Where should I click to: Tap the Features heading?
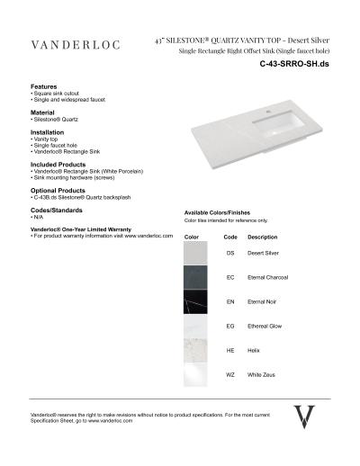[45, 86]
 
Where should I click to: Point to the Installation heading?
[48, 132]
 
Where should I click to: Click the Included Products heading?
[58, 164]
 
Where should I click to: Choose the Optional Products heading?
[58, 190]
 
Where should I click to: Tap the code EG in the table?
[230, 326]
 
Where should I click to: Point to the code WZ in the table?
[230, 373]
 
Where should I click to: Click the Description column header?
[263, 237]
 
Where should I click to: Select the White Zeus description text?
[264, 373]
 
